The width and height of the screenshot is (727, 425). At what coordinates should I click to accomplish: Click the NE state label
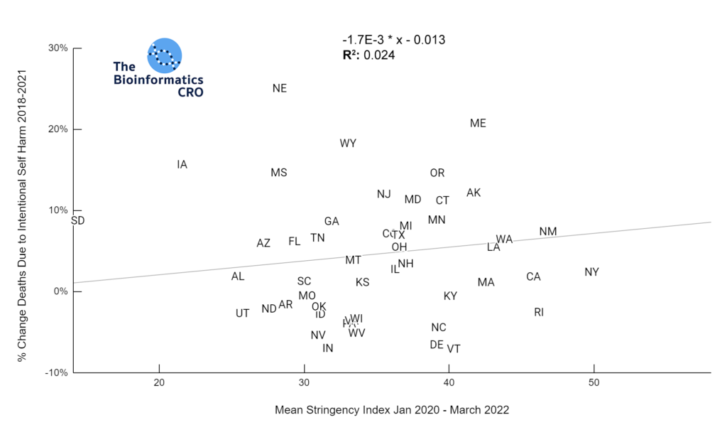(x=280, y=89)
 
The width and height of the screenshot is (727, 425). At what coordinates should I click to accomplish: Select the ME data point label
(x=478, y=124)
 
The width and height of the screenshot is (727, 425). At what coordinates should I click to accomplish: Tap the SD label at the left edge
(x=78, y=221)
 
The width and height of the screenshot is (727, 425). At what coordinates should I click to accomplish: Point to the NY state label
(x=592, y=272)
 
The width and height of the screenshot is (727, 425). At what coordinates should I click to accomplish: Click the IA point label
(x=182, y=165)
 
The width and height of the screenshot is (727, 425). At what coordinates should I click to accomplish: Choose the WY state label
(x=348, y=144)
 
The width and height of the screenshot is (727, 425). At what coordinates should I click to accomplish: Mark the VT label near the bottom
(x=454, y=349)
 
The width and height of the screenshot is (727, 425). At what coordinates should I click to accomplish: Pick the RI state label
(x=539, y=312)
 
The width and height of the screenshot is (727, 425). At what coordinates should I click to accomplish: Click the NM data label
(x=548, y=232)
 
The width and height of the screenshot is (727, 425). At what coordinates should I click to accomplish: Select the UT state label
(x=243, y=313)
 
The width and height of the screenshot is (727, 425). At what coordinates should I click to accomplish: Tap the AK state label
(x=474, y=193)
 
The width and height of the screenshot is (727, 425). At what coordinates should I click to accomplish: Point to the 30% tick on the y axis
(x=58, y=48)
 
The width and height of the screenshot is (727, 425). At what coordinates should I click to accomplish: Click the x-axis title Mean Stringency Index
(x=391, y=411)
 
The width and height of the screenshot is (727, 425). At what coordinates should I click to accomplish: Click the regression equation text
(x=393, y=40)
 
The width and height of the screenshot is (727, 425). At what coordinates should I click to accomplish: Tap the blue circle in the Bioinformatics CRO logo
(x=165, y=55)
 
